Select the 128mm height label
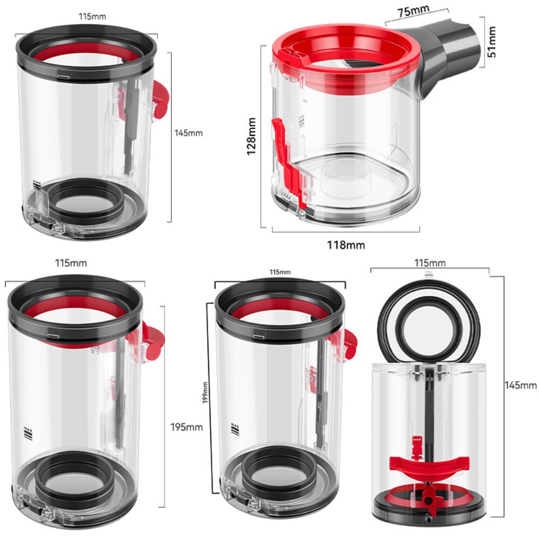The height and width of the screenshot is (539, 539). tap(251, 137)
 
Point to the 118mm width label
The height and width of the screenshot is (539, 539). tap(346, 245)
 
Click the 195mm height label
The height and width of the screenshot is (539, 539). tap(186, 427)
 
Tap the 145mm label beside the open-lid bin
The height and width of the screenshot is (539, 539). tap(521, 385)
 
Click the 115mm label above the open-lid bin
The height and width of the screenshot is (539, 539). tap(430, 262)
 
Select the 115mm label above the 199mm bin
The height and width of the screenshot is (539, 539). tap(280, 272)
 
